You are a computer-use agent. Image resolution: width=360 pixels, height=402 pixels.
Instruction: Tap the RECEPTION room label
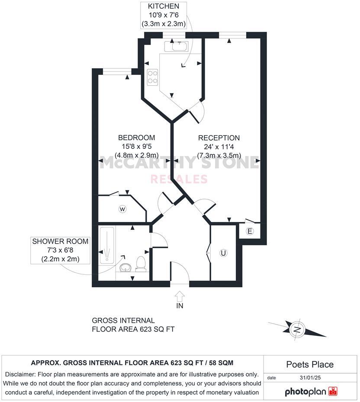[x=219, y=138]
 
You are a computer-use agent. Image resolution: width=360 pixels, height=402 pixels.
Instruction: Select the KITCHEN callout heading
[x=164, y=6]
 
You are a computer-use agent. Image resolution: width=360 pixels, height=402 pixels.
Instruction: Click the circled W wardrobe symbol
[x=122, y=209]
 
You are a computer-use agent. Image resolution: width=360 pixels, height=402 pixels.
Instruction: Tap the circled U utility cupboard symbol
[x=223, y=253]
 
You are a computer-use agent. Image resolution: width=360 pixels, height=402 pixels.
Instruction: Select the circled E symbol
[x=250, y=231]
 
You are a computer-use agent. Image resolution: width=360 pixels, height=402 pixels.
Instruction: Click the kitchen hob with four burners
[x=152, y=77]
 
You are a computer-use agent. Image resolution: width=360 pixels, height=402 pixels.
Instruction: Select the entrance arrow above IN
[x=180, y=296]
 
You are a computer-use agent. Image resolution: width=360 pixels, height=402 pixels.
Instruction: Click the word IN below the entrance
[x=180, y=306]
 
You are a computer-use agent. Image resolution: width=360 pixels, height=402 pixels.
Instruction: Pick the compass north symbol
[x=297, y=329]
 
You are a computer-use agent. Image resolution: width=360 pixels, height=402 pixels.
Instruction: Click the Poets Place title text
[x=310, y=364]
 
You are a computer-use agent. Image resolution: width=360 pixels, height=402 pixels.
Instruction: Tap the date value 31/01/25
[x=310, y=378]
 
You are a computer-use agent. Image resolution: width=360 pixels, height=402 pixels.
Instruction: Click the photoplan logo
[x=311, y=392]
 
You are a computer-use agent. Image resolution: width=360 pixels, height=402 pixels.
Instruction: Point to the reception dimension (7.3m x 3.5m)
[x=219, y=155]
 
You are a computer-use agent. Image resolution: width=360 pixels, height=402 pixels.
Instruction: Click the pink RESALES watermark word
[x=179, y=179]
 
